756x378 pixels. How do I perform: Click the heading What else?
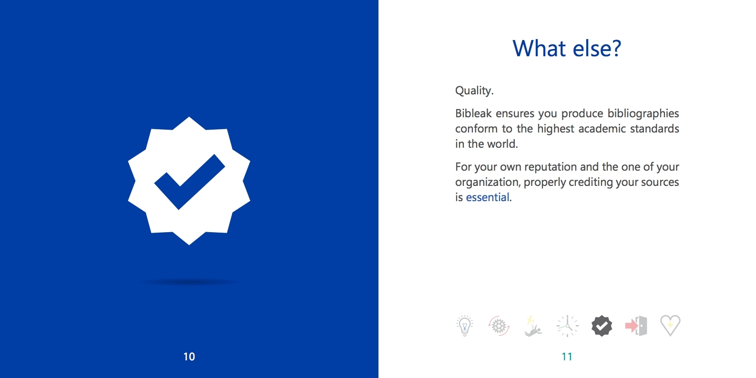[567, 48]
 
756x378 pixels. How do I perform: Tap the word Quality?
[474, 91]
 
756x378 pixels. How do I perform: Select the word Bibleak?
[473, 113]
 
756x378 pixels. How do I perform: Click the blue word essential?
[487, 197]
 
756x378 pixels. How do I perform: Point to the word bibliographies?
[644, 114]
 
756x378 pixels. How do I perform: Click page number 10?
[189, 357]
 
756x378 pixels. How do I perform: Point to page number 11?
[567, 357]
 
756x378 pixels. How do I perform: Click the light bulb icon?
[465, 326]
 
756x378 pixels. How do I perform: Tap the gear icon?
[499, 326]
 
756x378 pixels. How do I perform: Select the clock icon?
[567, 326]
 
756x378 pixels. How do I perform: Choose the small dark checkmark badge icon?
[602, 326]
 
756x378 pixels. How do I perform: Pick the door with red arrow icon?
[636, 326]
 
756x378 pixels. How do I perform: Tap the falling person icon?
[533, 326]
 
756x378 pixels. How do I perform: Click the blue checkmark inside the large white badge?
[189, 182]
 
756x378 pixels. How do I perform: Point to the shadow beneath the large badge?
[189, 282]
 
